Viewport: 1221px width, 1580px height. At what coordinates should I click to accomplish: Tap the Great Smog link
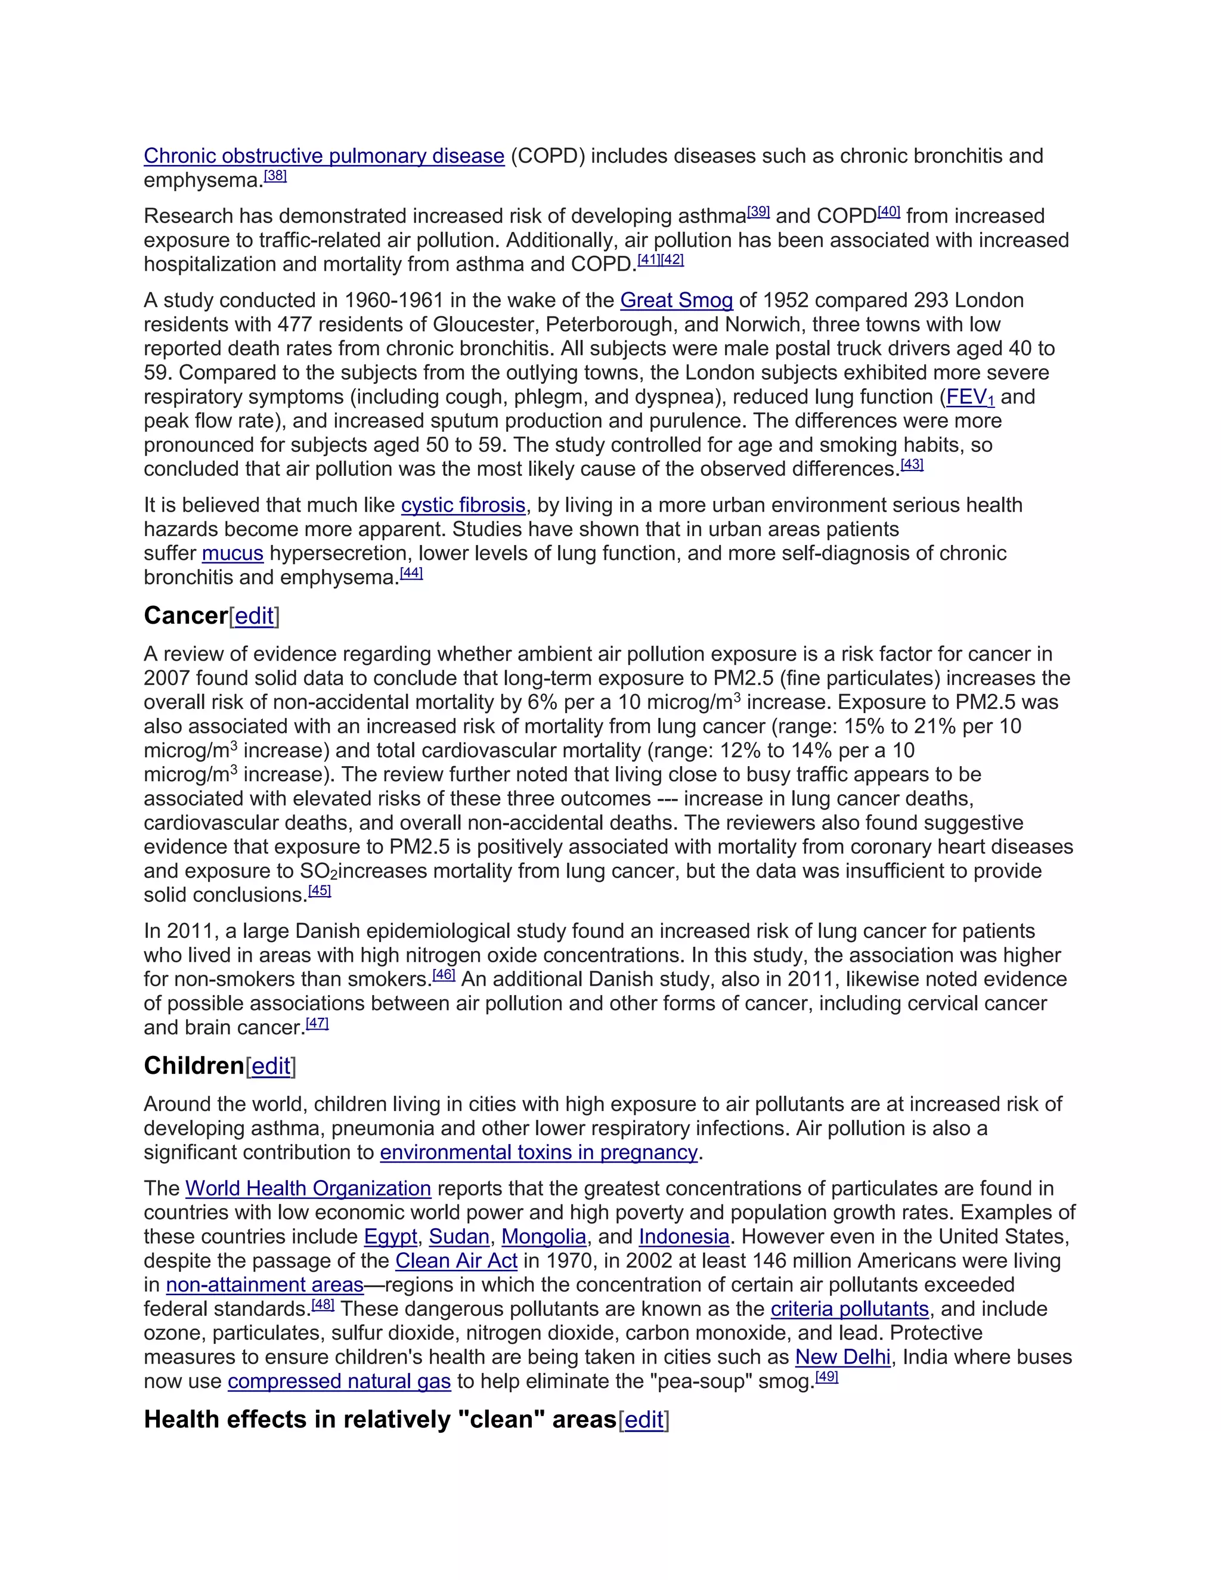pyautogui.click(x=676, y=300)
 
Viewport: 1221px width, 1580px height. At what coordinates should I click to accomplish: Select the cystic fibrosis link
pyautogui.click(x=463, y=505)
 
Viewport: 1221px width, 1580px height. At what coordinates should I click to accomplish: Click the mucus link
pyautogui.click(x=232, y=553)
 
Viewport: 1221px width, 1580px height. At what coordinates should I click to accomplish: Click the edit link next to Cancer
pyautogui.click(x=255, y=616)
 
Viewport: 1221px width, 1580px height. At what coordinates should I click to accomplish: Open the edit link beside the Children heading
pyautogui.click(x=271, y=1067)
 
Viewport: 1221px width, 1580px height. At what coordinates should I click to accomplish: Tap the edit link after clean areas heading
pyautogui.click(x=644, y=1420)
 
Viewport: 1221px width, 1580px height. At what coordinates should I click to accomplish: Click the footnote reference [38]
pyautogui.click(x=275, y=176)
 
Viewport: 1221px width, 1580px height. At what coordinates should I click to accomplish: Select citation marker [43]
pyautogui.click(x=912, y=464)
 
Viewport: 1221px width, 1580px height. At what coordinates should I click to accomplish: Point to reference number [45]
pyautogui.click(x=320, y=891)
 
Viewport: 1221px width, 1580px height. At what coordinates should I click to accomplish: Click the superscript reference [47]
pyautogui.click(x=317, y=1023)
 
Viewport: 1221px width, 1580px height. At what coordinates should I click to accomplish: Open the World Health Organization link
pyautogui.click(x=308, y=1189)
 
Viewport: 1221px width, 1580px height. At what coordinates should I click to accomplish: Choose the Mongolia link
pyautogui.click(x=544, y=1237)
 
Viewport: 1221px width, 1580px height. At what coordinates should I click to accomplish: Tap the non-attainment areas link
pyautogui.click(x=265, y=1285)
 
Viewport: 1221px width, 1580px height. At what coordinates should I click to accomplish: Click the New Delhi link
pyautogui.click(x=842, y=1357)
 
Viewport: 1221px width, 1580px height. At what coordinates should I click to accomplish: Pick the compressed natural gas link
pyautogui.click(x=339, y=1382)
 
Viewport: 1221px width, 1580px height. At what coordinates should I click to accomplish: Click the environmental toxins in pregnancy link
pyautogui.click(x=539, y=1153)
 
